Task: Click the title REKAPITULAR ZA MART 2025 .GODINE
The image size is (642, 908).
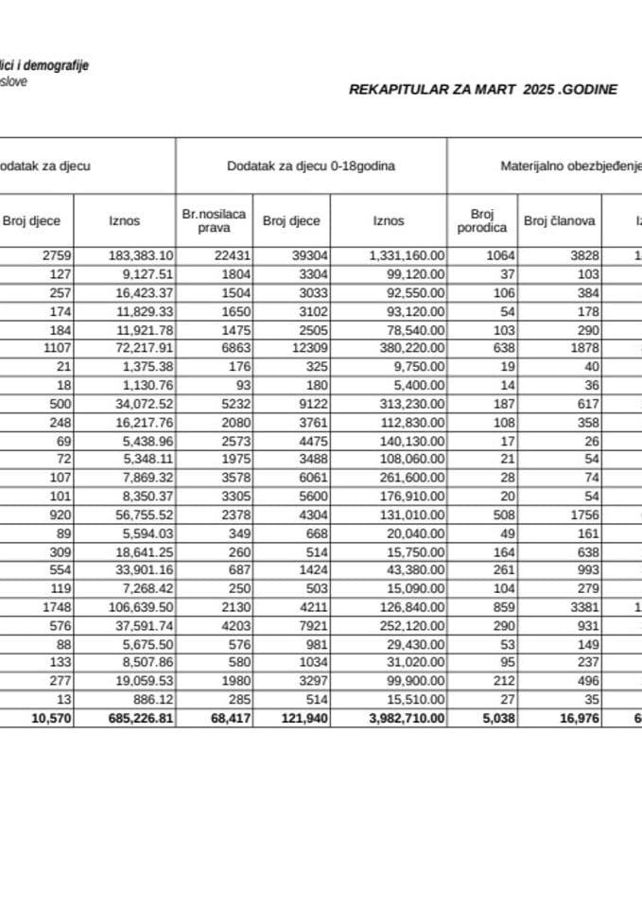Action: (483, 90)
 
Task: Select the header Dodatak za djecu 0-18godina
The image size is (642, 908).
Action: (311, 166)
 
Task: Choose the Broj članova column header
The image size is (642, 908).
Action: (559, 221)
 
